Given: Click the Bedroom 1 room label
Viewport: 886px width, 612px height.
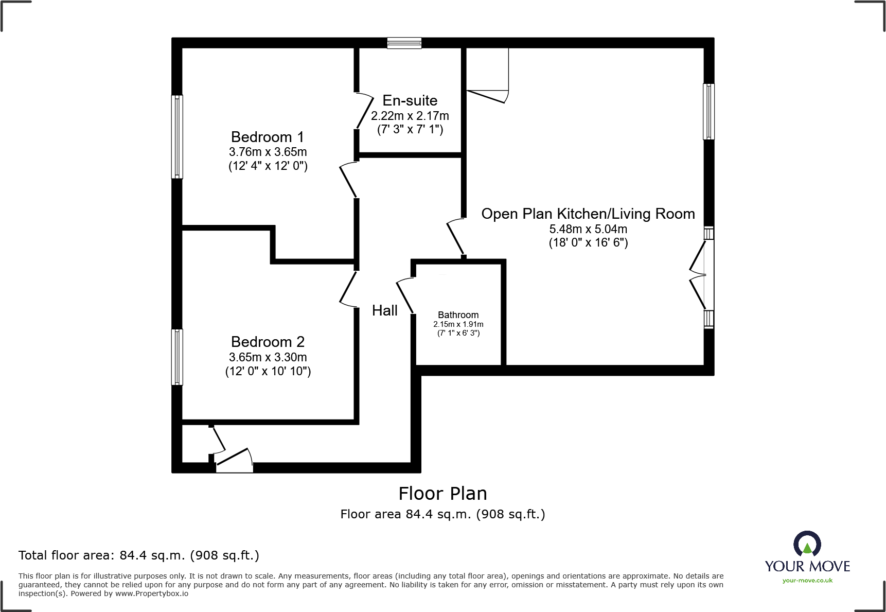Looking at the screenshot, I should [x=268, y=137].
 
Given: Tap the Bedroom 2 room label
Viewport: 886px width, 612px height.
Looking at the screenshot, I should [x=268, y=342].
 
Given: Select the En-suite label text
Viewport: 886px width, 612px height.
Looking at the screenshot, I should [x=410, y=100].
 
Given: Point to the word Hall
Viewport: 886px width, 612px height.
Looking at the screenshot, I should [x=385, y=310].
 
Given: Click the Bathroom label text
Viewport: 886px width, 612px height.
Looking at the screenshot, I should [x=458, y=315].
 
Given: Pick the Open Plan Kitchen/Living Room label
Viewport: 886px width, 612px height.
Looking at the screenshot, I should [x=588, y=214].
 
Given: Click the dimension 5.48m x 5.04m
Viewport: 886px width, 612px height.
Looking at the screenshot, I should [x=588, y=229].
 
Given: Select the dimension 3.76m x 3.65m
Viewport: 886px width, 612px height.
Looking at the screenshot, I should [x=268, y=152].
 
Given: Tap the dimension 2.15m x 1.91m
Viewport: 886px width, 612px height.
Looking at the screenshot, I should [x=458, y=324].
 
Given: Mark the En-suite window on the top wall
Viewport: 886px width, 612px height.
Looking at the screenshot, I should [x=404, y=43].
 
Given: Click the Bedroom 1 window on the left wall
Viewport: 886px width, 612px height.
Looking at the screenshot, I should [x=177, y=137].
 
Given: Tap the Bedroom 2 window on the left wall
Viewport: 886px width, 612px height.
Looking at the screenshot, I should [x=177, y=357].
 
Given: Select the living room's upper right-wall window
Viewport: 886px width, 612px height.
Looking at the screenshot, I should [x=708, y=112].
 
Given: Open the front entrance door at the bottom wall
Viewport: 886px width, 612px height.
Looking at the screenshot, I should [x=235, y=461].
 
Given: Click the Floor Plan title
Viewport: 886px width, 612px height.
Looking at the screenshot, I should [x=442, y=494].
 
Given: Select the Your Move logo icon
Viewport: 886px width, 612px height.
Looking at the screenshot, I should [x=807, y=545].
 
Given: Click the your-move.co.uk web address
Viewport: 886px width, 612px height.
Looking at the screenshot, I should [x=807, y=581].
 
